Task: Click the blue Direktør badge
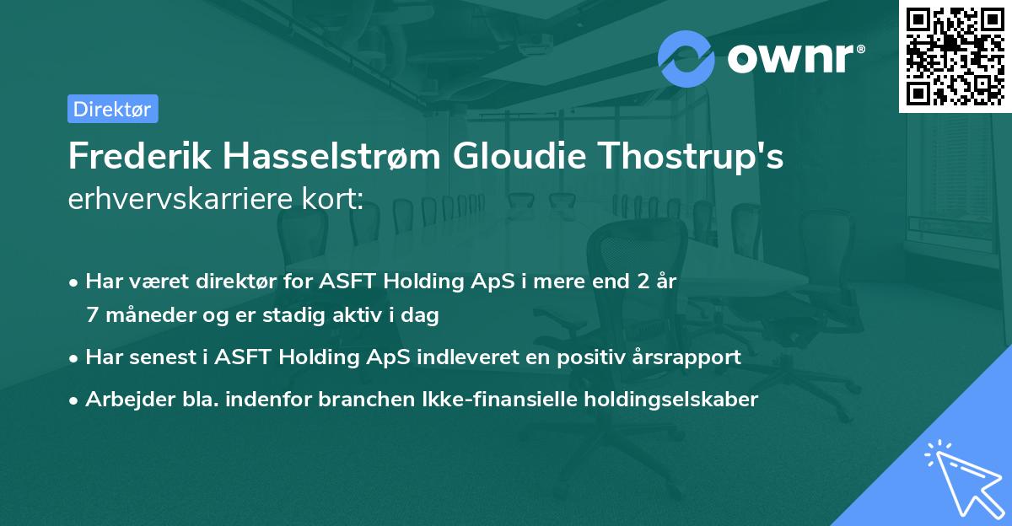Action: point(112,109)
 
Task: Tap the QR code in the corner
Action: point(955,56)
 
